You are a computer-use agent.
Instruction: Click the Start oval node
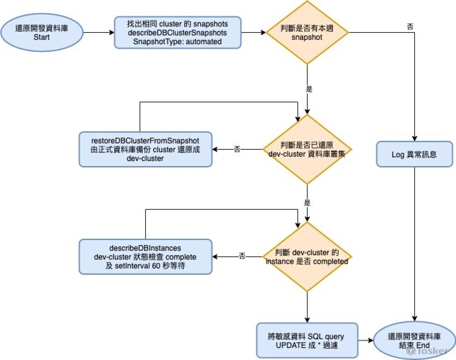click(x=41, y=32)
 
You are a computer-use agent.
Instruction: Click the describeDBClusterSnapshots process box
click(x=177, y=32)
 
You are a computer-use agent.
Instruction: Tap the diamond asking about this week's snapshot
click(x=307, y=32)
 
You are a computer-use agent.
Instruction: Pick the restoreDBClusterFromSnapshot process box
click(x=145, y=149)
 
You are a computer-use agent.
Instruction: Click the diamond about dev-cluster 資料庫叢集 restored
click(x=307, y=149)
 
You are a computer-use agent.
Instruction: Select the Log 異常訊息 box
click(x=414, y=154)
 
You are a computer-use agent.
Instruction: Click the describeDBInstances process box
click(x=145, y=256)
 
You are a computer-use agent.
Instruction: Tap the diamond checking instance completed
click(x=307, y=256)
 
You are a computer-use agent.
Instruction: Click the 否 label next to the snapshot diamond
click(x=410, y=27)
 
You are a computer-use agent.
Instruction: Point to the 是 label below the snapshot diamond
click(x=309, y=89)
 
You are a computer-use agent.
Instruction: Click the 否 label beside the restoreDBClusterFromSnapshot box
click(x=237, y=149)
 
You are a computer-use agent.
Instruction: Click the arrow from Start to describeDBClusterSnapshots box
click(x=98, y=33)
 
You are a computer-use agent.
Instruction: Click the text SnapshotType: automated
click(x=177, y=42)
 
